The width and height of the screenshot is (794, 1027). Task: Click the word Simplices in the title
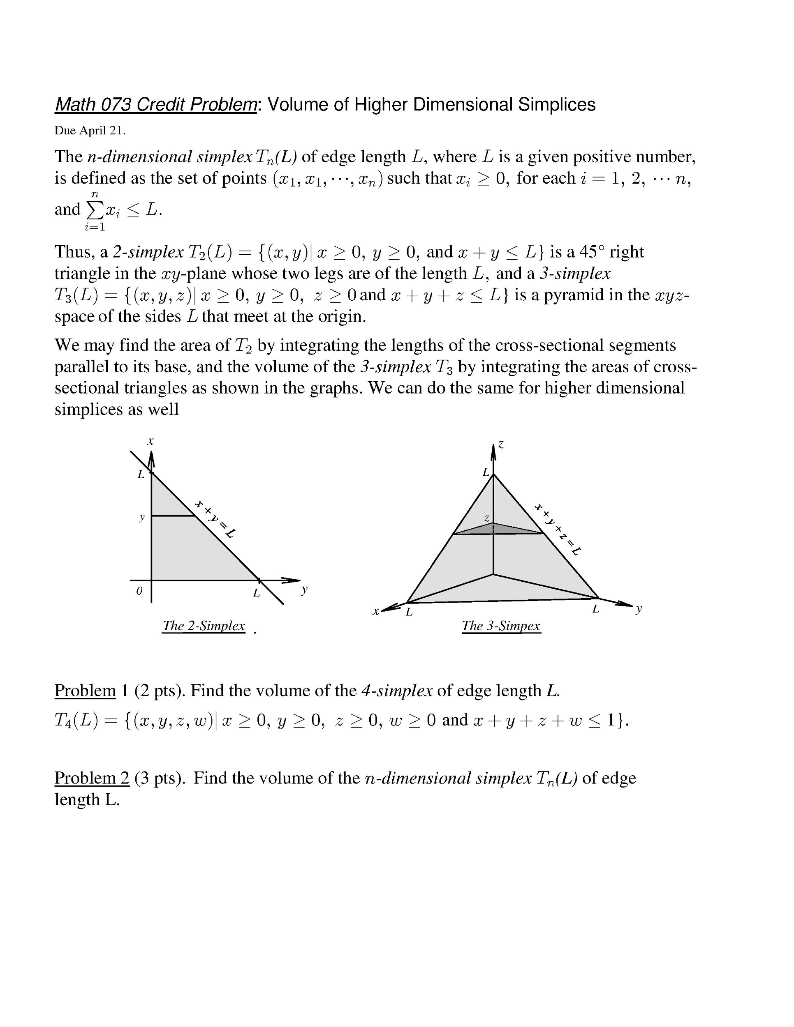click(x=556, y=104)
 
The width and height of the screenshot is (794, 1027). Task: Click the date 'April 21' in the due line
click(x=101, y=131)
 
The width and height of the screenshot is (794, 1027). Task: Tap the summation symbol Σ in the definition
click(x=95, y=211)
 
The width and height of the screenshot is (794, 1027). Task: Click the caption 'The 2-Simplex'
click(x=203, y=626)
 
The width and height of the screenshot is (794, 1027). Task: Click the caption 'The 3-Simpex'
click(x=501, y=626)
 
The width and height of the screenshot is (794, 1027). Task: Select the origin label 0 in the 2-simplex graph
click(x=139, y=592)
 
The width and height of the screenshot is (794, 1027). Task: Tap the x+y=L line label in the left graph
click(x=215, y=519)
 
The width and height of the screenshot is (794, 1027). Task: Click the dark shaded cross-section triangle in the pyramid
click(x=494, y=530)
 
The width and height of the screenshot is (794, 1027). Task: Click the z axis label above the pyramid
click(x=501, y=444)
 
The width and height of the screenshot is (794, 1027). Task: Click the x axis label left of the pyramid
click(x=375, y=612)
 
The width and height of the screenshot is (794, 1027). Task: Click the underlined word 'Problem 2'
click(x=92, y=778)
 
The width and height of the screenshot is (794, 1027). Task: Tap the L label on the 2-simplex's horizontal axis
click(x=257, y=593)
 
